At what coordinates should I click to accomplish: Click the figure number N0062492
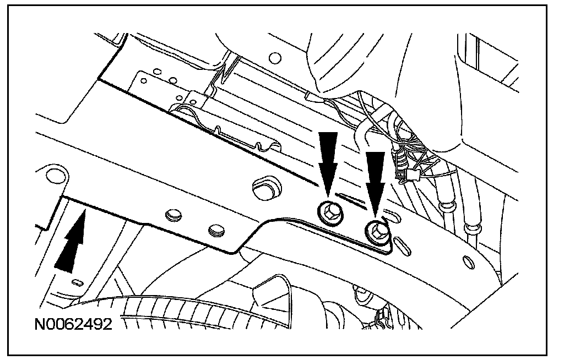coord(73,324)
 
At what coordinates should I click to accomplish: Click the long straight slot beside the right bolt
coord(402,246)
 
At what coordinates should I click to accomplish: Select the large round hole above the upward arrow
coord(57,176)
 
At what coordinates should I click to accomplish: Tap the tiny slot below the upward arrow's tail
coord(77,282)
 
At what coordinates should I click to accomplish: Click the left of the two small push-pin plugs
coord(173,215)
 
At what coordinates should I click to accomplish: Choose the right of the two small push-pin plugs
coord(216,231)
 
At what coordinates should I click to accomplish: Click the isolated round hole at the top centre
coord(275,58)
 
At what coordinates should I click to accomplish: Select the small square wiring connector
coord(414,176)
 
